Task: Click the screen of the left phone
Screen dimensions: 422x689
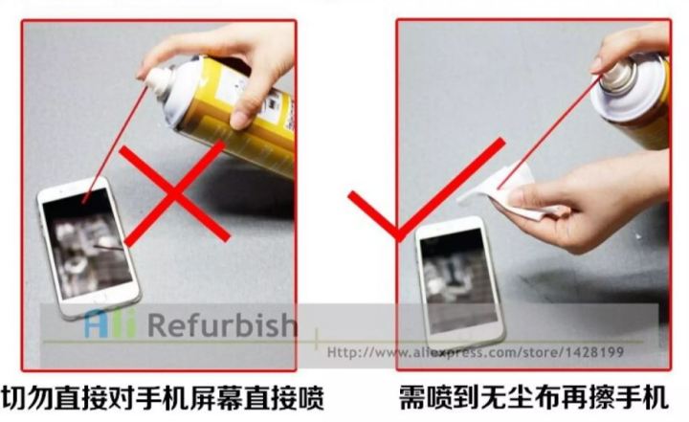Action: point(87,244)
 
